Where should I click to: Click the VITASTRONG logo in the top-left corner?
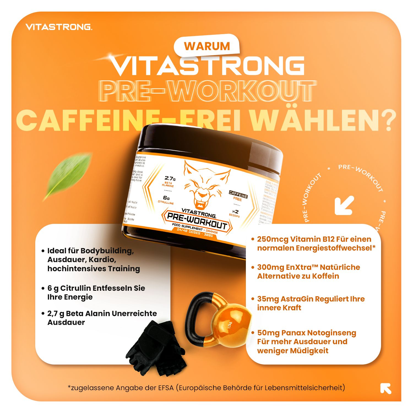coord(59,27)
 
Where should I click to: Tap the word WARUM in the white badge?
coord(207,46)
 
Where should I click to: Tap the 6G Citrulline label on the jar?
coord(166,200)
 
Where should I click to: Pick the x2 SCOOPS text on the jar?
coord(235,213)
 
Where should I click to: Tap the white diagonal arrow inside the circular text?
coord(344,205)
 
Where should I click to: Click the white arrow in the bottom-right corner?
coord(386,388)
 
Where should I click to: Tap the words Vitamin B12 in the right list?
coord(313,239)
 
